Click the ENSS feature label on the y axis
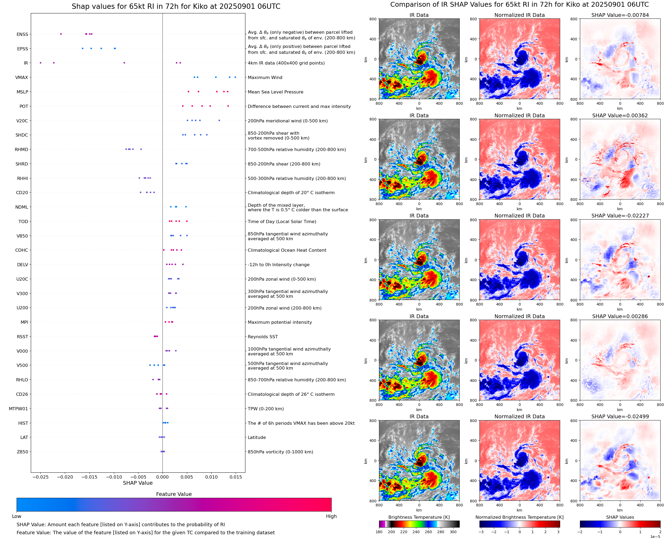(x=22, y=34)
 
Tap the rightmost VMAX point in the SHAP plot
(x=235, y=77)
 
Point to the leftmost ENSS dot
(x=61, y=34)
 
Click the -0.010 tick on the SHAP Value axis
(x=114, y=477)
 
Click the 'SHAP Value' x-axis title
(x=138, y=483)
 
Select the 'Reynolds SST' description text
(x=263, y=337)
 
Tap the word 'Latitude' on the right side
(x=257, y=437)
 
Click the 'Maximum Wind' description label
(x=265, y=77)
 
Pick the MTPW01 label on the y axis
(x=18, y=409)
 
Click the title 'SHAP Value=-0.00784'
(x=620, y=15)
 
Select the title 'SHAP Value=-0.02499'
(x=620, y=416)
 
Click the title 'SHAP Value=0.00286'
(x=620, y=317)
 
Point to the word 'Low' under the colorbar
(x=17, y=516)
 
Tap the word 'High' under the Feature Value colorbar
(x=331, y=516)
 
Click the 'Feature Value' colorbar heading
(x=174, y=494)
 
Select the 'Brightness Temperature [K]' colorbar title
(x=419, y=517)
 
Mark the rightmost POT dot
(x=228, y=106)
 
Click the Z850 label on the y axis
(x=22, y=452)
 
